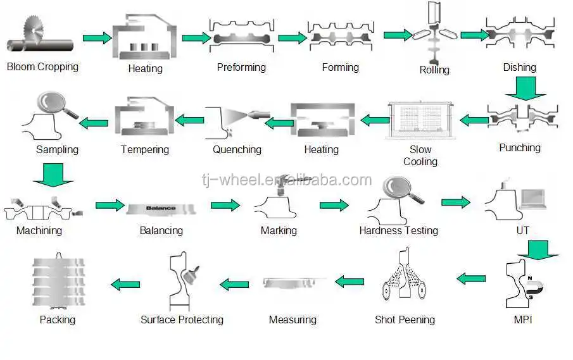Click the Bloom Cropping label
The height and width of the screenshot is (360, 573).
click(x=42, y=66)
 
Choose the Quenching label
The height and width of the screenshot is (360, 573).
click(x=237, y=150)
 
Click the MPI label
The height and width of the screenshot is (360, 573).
click(x=523, y=320)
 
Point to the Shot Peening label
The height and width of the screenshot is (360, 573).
click(x=405, y=320)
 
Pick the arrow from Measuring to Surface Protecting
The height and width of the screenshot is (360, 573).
click(x=234, y=284)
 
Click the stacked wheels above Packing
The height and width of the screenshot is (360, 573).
click(x=58, y=282)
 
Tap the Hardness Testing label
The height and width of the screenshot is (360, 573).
click(x=398, y=230)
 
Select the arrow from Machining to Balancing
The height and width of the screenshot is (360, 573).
click(x=110, y=205)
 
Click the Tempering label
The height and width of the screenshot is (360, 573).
click(x=145, y=150)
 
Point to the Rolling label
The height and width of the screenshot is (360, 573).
click(x=434, y=70)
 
